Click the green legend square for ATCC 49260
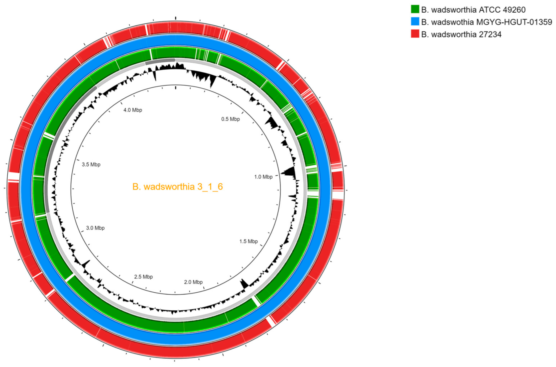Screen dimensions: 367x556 pos(415,9)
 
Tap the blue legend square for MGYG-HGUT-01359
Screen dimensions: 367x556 pos(415,22)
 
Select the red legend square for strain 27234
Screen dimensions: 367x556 pos(415,34)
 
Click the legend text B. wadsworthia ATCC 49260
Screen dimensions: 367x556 pos(473,10)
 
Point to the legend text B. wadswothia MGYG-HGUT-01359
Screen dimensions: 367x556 pos(486,22)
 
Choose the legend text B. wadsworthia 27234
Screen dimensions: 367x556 pos(461,34)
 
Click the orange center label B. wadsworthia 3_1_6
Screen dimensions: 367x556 pos(177,187)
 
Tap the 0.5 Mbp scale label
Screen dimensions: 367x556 pos(230,119)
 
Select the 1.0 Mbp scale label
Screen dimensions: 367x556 pos(263,177)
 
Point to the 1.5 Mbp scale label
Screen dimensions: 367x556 pos(248,241)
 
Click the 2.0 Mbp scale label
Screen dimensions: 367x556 pos(193,282)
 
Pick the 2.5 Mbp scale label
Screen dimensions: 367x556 pos(143,277)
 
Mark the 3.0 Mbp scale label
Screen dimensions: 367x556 pos(95,228)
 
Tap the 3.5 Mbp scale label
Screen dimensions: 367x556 pos(91,164)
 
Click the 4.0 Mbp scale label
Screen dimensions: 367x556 pos(132,110)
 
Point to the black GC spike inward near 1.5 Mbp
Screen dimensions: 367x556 pos(244,283)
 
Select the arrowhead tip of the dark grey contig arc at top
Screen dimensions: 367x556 pos(175,59)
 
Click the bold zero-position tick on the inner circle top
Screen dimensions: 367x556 pos(175,87)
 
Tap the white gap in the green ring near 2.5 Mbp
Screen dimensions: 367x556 pos(69,277)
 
